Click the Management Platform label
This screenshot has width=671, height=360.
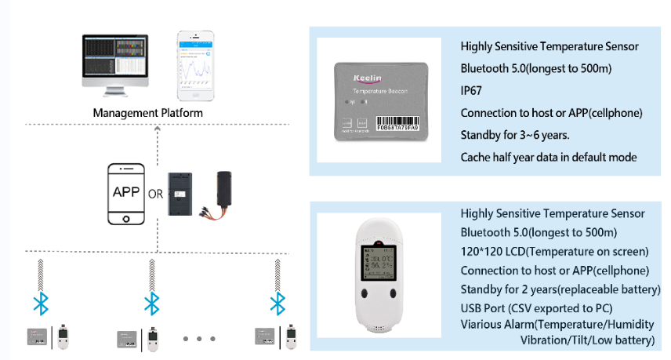pyautogui.click(x=147, y=113)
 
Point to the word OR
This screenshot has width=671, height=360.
pyautogui.click(x=155, y=194)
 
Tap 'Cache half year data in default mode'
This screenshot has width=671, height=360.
pyautogui.click(x=549, y=157)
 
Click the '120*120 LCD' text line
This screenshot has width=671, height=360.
pyautogui.click(x=554, y=252)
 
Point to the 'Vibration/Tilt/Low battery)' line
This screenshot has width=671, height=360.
pyautogui.click(x=587, y=340)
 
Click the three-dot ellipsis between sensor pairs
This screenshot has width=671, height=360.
pyautogui.click(x=200, y=339)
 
